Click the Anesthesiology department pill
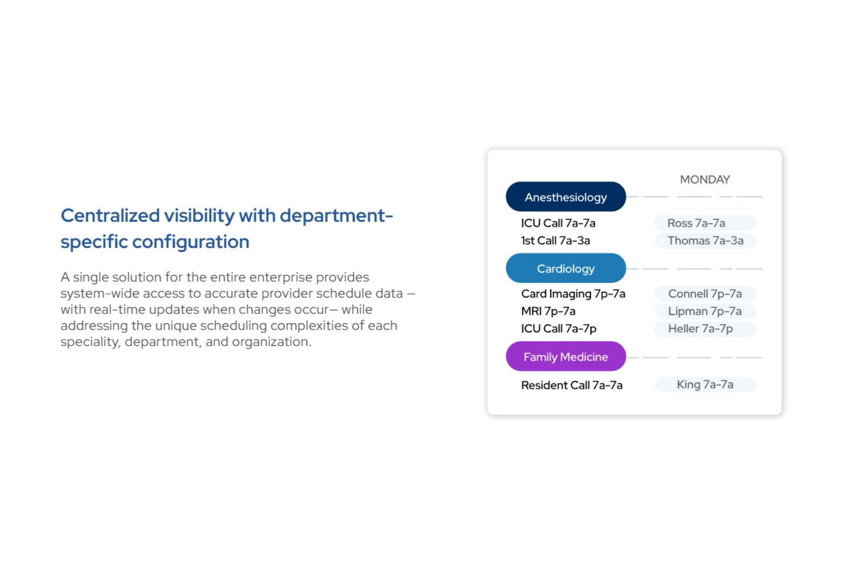pyautogui.click(x=565, y=197)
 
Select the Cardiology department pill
pyautogui.click(x=565, y=268)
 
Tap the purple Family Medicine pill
pyautogui.click(x=565, y=357)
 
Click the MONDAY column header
pyautogui.click(x=705, y=179)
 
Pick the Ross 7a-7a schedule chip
pyautogui.click(x=705, y=223)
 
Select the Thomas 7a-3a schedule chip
pyautogui.click(x=705, y=240)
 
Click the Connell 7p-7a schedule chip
pyautogui.click(x=705, y=293)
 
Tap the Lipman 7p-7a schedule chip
pyautogui.click(x=705, y=311)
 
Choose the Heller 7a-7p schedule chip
pyautogui.click(x=705, y=329)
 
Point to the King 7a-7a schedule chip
pyautogui.click(x=705, y=385)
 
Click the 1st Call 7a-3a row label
pyautogui.click(x=555, y=240)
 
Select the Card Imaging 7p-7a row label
pyautogui.click(x=573, y=293)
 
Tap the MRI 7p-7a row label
pyautogui.click(x=548, y=311)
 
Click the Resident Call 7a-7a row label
pyautogui.click(x=572, y=385)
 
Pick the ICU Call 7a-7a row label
pyautogui.click(x=558, y=223)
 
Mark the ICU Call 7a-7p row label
pyautogui.click(x=559, y=329)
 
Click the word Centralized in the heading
pyautogui.click(x=110, y=216)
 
